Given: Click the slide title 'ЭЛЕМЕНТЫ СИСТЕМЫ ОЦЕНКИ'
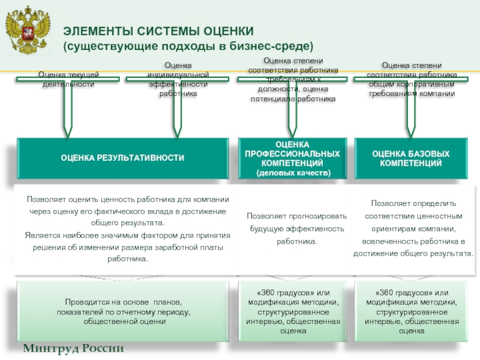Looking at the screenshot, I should click(160, 31).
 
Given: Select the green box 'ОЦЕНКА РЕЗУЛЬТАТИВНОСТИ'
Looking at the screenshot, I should click(122, 158).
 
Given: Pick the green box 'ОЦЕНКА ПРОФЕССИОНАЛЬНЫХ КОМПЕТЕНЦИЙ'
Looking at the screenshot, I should click(292, 158).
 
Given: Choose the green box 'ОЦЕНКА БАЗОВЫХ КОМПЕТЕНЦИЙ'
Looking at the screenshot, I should click(411, 158).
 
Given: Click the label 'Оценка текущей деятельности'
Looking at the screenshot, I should click(68, 79).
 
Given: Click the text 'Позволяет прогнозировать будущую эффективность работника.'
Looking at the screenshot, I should click(296, 229).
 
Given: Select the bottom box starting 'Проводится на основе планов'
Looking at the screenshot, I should click(124, 312).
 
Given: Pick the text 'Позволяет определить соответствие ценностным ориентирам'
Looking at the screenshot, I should click(413, 215).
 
